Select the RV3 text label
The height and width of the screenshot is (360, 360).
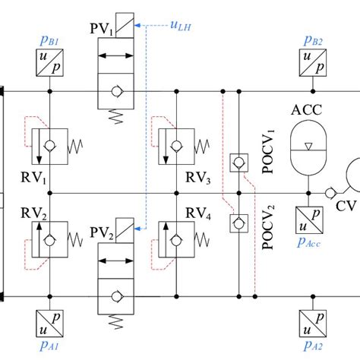point(197,180)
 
